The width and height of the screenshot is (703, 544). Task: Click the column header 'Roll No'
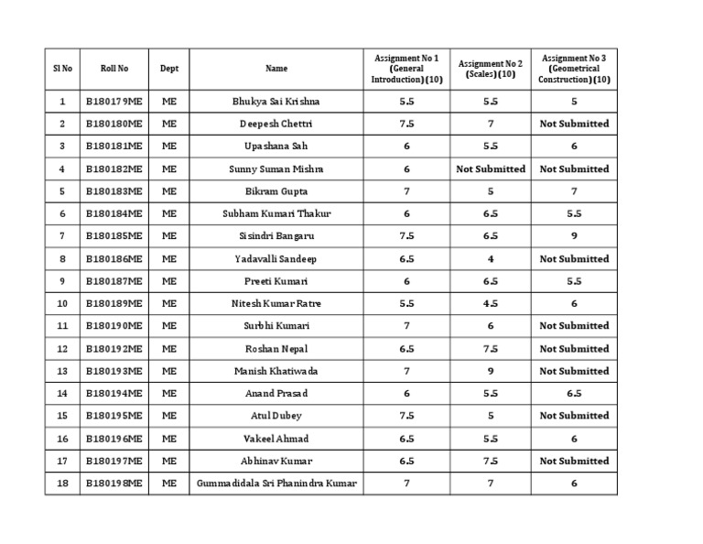point(114,68)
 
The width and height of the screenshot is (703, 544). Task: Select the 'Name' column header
point(276,68)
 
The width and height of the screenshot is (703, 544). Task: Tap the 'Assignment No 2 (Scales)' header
point(490,68)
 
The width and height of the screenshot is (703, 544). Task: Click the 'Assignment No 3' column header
point(574,68)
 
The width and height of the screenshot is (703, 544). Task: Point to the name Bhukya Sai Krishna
point(276,101)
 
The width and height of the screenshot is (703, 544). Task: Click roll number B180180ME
point(114,124)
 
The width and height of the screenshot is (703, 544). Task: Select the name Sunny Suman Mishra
point(276,169)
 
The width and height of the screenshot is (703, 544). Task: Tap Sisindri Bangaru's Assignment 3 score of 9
point(574,236)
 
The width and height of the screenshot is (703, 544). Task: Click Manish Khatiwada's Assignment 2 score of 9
point(491,371)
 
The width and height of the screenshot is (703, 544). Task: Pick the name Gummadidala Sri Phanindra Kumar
point(276,483)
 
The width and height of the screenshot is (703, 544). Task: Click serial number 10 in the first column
point(62,303)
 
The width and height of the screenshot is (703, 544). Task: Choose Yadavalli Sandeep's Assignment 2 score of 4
point(491,258)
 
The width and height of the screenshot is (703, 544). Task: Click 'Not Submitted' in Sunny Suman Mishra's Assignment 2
point(491,169)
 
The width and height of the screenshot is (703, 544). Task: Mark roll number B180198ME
point(114,483)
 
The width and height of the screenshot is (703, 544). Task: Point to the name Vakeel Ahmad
point(276,439)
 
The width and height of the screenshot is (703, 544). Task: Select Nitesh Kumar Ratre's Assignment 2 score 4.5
point(491,303)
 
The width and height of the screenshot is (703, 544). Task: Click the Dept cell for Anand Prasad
point(169,393)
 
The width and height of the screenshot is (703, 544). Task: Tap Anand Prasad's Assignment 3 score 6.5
point(574,393)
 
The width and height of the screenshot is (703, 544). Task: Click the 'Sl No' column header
point(62,68)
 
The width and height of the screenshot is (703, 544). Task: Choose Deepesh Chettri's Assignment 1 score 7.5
point(406,124)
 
